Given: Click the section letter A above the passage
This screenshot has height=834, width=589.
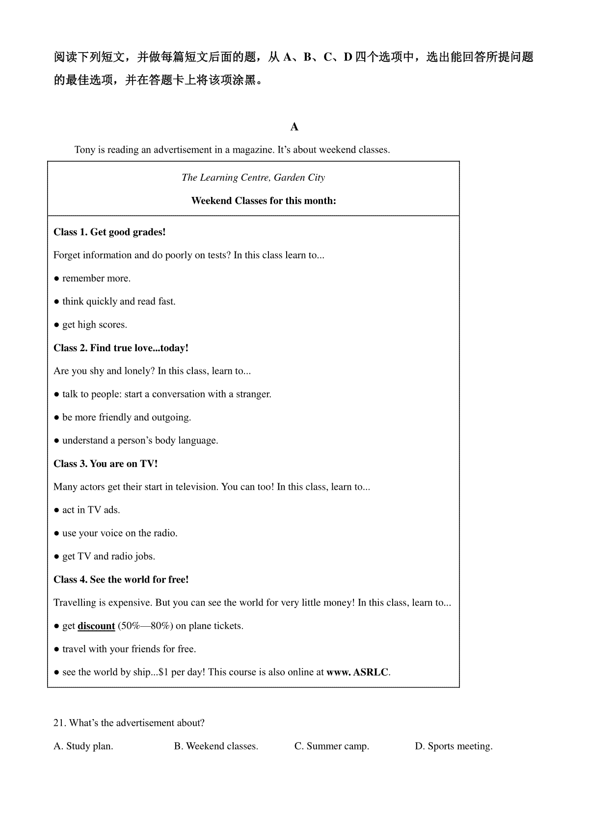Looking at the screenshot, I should tap(294, 127).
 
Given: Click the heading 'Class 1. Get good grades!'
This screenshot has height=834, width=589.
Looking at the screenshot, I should tap(109, 232).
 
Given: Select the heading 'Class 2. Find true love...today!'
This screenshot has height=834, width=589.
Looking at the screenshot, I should tap(121, 348).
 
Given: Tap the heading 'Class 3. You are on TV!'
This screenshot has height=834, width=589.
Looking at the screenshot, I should tap(106, 464).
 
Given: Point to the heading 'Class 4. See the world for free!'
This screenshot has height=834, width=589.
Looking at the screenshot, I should tap(121, 580).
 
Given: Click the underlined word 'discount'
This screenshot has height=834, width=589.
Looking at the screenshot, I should tap(96, 626).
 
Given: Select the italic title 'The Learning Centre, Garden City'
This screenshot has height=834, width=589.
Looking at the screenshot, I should tap(253, 178).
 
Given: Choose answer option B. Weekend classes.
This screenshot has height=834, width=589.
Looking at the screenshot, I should tap(216, 746).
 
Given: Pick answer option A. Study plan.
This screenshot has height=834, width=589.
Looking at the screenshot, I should tap(83, 746).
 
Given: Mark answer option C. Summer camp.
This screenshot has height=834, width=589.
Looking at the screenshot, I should tap(332, 746).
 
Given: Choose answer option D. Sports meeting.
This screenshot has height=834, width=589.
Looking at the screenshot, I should tap(454, 746).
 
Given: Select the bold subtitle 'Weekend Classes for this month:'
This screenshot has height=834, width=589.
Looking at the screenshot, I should tap(264, 201).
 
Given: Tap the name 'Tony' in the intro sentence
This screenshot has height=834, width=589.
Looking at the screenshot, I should tap(85, 150).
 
